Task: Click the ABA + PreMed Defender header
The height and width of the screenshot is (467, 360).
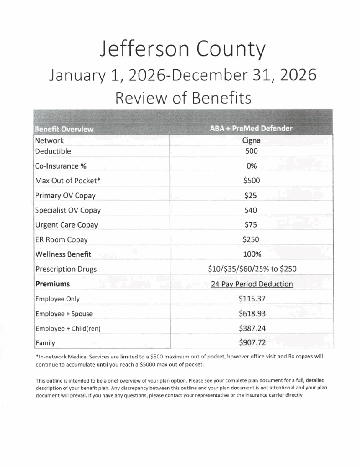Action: click(251, 129)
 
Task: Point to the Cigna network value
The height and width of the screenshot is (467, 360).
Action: click(252, 141)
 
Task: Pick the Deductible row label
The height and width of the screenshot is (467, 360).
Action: click(53, 151)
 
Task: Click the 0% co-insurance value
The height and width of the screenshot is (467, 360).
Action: click(252, 166)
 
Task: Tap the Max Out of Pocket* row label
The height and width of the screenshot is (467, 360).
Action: click(67, 181)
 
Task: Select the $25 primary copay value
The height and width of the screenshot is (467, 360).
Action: click(252, 195)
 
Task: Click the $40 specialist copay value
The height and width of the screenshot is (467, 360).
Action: click(252, 210)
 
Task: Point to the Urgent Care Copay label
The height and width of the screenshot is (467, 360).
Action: click(66, 225)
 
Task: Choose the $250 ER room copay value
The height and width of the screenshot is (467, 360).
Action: click(252, 239)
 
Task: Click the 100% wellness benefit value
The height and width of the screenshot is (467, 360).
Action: click(252, 254)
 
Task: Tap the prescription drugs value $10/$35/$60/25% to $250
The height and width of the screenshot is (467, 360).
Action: click(252, 269)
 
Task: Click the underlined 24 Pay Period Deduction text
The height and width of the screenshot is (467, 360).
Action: click(252, 284)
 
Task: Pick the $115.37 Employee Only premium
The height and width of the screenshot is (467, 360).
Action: click(252, 299)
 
